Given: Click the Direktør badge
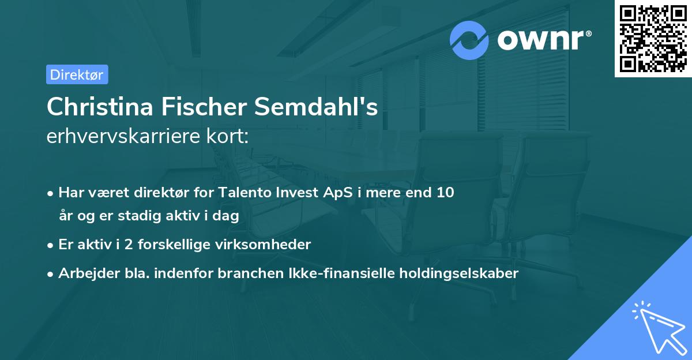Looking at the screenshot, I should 77,74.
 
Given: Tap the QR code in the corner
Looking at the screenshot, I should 653,38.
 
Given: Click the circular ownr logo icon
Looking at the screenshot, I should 469,40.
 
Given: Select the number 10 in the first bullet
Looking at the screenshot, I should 445,193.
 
